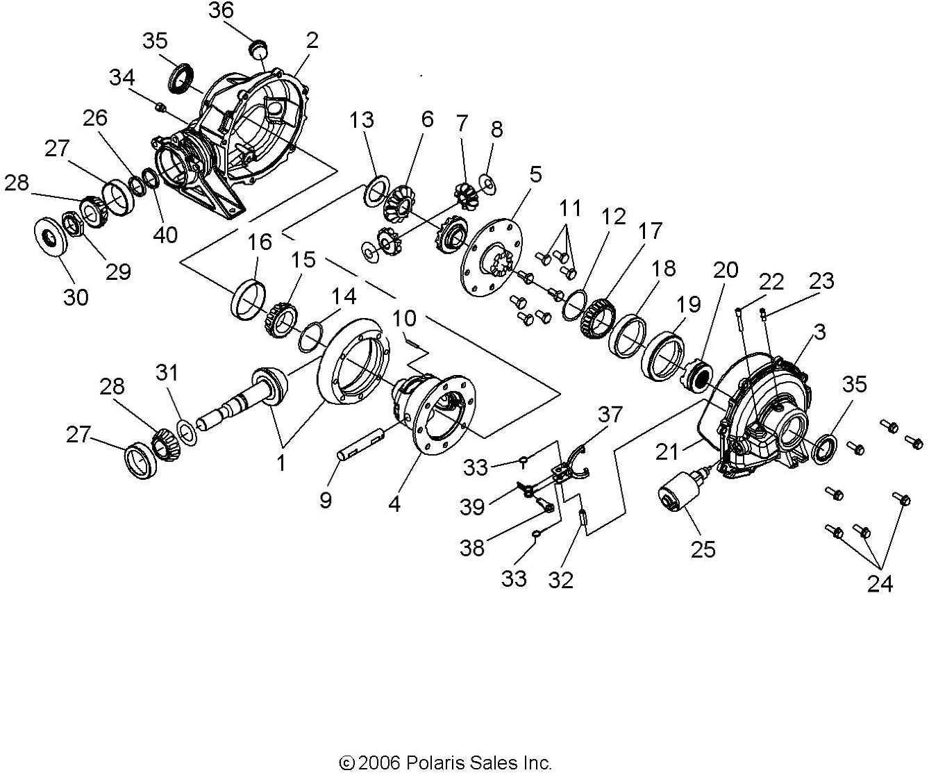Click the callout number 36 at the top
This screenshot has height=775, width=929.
[221, 10]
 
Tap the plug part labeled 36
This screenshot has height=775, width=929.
[260, 49]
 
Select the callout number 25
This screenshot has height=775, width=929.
[703, 549]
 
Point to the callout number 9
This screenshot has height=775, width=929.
[325, 500]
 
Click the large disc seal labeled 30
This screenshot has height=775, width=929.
[51, 236]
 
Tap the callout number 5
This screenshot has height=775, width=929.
[535, 174]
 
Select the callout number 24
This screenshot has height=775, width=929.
[880, 583]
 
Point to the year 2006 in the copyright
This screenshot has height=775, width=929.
[378, 763]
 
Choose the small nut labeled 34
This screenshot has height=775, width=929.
[160, 107]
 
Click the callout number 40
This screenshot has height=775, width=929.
[165, 235]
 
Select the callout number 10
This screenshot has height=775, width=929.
[404, 318]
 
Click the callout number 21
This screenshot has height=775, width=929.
[667, 452]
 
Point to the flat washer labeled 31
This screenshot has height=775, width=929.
[187, 431]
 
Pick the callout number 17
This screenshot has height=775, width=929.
[650, 231]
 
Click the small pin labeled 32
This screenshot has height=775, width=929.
[583, 517]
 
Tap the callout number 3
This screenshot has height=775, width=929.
[819, 332]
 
